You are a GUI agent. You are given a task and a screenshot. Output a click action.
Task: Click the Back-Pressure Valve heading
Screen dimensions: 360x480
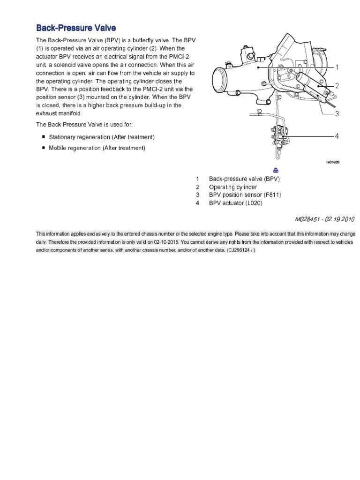[x=76, y=28]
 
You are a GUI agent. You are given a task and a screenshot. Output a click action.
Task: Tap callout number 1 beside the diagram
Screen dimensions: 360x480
[x=337, y=67]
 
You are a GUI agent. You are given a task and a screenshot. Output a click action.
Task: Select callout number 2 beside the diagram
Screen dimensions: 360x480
[x=337, y=86]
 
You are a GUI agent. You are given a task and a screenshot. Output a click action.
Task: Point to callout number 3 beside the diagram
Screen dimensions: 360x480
[x=337, y=114]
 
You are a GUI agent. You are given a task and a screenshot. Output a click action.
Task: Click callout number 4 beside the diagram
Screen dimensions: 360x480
[x=337, y=136]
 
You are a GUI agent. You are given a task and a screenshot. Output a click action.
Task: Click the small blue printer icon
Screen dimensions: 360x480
[x=276, y=171]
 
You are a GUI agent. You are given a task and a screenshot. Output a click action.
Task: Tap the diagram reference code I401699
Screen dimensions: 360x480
[x=333, y=162]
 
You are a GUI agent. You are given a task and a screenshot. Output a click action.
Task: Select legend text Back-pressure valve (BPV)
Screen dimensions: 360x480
[x=244, y=179]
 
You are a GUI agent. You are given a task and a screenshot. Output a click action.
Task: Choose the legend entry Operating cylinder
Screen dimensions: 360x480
[x=233, y=187]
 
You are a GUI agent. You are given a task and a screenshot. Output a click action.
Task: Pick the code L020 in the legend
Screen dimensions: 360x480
[x=254, y=203]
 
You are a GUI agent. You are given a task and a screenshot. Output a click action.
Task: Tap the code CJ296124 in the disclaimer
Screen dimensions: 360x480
[x=239, y=250]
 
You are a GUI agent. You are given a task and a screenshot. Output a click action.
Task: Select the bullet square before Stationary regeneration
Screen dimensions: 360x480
[x=44, y=137]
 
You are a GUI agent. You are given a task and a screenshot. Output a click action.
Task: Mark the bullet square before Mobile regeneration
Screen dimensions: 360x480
[x=44, y=148]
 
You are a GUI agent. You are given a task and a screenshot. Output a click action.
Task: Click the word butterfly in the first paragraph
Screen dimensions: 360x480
[x=143, y=40]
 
